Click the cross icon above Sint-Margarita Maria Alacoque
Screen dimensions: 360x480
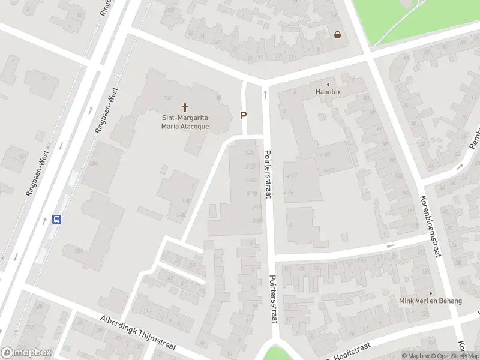click(185, 107)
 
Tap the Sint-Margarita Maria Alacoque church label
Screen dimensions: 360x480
click(185, 122)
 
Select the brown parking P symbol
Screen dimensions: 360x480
click(244, 115)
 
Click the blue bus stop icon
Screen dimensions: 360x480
click(57, 219)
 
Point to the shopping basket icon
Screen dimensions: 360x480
click(338, 35)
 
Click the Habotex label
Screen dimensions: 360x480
click(328, 92)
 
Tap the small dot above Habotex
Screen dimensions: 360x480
click(328, 85)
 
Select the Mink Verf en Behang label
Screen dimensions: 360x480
click(431, 301)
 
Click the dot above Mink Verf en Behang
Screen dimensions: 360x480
click(430, 293)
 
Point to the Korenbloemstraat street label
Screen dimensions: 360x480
click(430, 226)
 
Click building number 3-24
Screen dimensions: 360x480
click(250, 153)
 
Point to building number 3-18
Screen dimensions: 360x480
click(251, 193)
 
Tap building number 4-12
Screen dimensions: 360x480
click(328, 171)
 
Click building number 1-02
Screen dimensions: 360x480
click(188, 200)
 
